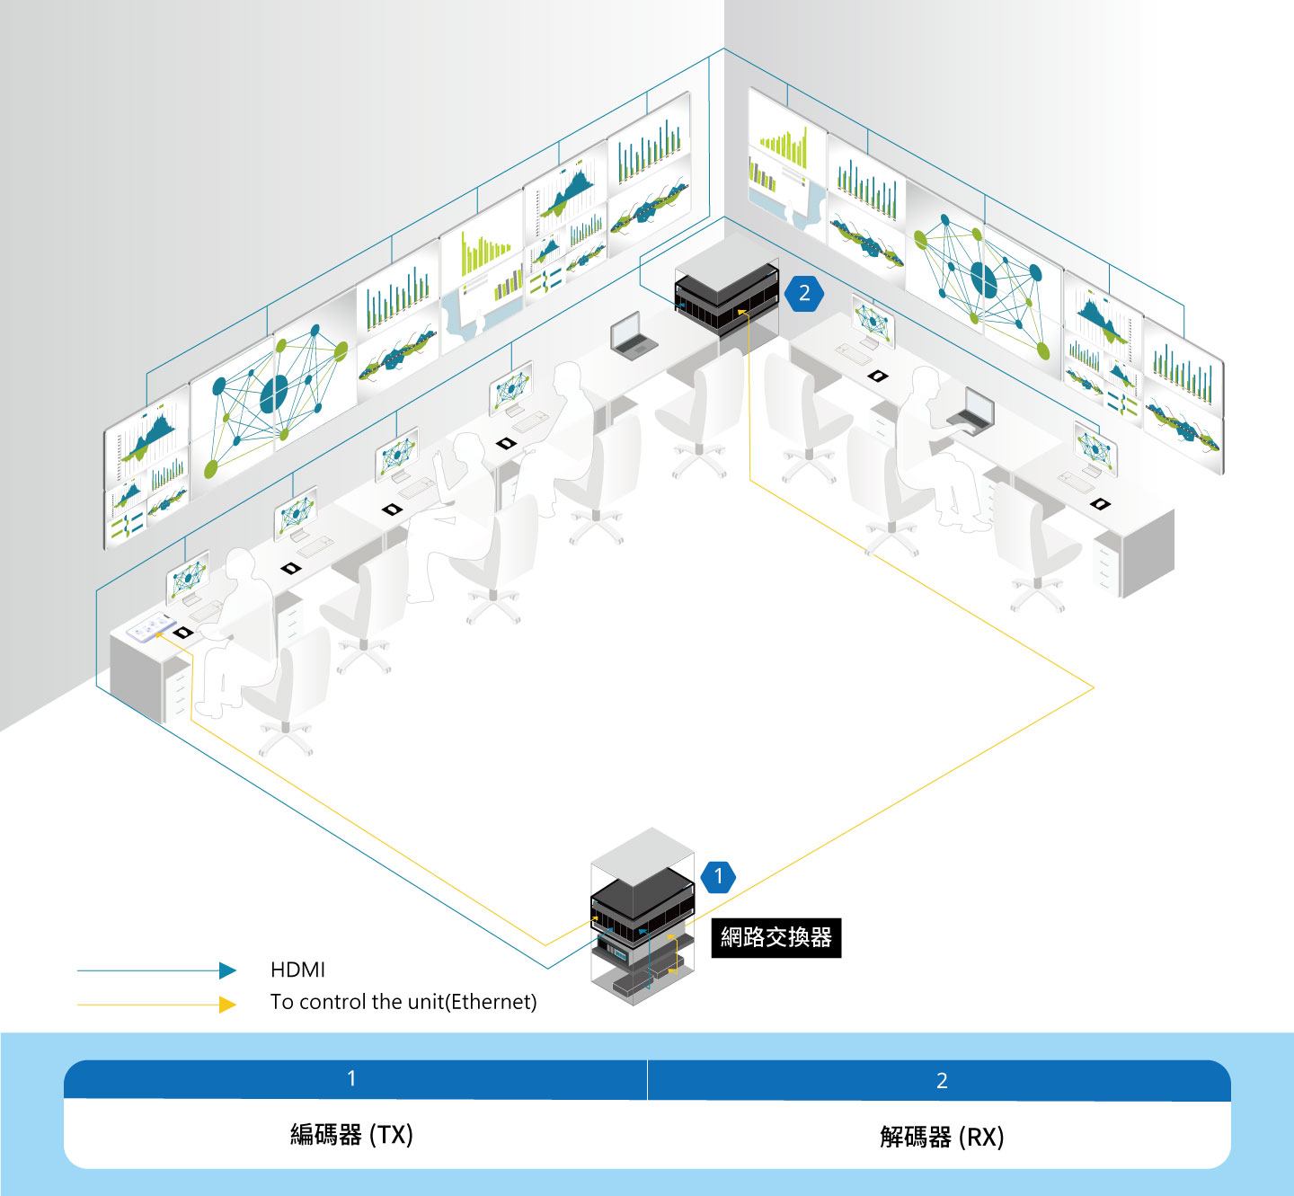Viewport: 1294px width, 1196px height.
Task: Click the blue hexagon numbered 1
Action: click(718, 877)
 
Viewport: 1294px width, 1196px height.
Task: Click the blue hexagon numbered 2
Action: click(804, 293)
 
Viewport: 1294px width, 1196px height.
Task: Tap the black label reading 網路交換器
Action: click(776, 937)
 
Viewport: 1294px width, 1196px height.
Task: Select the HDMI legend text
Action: click(297, 970)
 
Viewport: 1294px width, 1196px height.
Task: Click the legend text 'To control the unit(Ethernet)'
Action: click(403, 1002)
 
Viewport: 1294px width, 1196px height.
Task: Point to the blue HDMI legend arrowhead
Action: click(227, 970)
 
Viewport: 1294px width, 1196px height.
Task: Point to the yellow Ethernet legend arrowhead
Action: click(227, 1005)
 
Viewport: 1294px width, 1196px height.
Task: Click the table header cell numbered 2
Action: click(939, 1081)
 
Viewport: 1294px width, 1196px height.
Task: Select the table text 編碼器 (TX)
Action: click(352, 1135)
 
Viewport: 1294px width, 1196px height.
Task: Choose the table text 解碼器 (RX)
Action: click(942, 1137)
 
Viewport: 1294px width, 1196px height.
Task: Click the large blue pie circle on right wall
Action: click(983, 279)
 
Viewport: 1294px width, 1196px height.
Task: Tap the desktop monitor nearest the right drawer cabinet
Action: click(1095, 448)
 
